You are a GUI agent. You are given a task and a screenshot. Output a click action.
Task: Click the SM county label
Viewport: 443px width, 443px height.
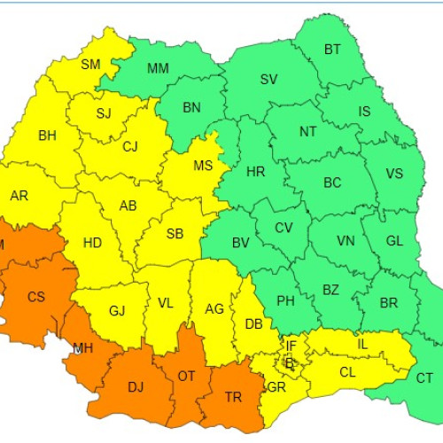click(90, 64)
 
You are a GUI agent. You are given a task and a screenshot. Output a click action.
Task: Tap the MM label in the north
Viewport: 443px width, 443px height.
click(159, 67)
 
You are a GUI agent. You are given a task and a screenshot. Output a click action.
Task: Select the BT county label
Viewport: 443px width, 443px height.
click(332, 50)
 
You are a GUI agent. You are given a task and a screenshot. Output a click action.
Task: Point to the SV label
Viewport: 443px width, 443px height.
click(268, 80)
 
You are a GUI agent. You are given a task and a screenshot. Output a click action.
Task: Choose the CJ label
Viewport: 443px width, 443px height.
click(130, 147)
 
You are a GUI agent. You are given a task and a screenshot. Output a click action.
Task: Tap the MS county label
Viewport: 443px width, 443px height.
click(203, 166)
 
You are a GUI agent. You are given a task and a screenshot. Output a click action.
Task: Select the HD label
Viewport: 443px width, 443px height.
click(92, 242)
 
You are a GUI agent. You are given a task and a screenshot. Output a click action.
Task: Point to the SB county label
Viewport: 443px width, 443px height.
click(175, 234)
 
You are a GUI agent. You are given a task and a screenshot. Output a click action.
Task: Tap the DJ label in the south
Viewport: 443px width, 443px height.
click(136, 386)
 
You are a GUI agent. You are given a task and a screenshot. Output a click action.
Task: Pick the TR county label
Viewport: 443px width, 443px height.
click(233, 398)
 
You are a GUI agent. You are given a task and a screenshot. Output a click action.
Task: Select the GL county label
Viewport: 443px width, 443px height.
click(394, 241)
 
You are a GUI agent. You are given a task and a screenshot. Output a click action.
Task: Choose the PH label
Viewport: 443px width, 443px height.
click(285, 301)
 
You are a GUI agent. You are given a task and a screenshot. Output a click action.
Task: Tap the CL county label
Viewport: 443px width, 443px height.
click(347, 372)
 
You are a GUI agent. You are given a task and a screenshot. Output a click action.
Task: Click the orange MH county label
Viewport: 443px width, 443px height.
click(83, 348)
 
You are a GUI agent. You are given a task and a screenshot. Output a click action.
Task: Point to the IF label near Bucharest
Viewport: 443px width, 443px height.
click(291, 345)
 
